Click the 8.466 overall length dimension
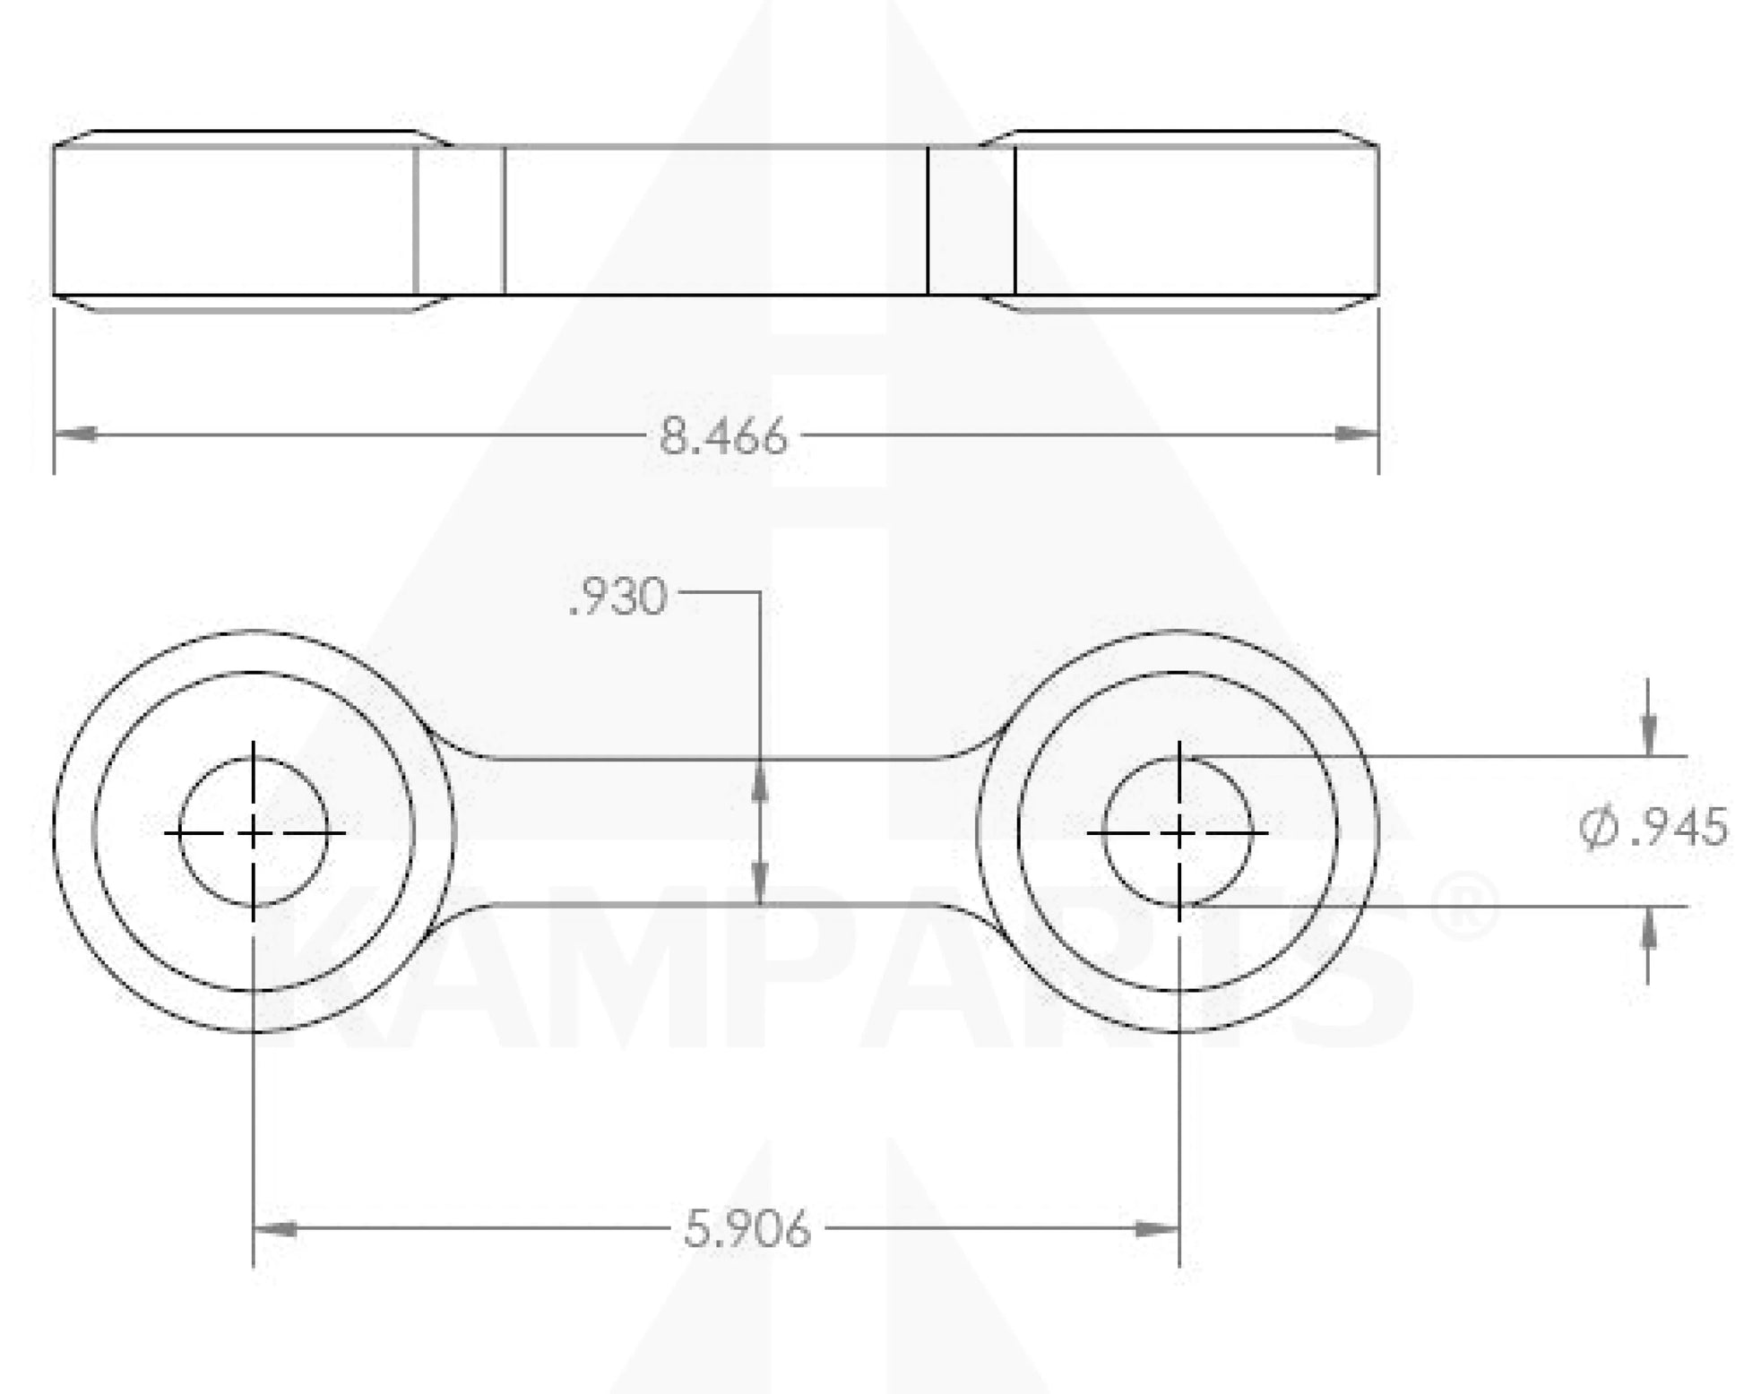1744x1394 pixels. click(x=723, y=437)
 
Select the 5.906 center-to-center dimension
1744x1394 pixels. click(x=747, y=1228)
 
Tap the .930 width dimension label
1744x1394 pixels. click(x=618, y=598)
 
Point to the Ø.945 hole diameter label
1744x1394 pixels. click(x=1653, y=827)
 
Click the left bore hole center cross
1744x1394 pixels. click(x=254, y=833)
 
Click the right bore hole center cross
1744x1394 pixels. click(x=1178, y=833)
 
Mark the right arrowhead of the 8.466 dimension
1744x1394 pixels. click(x=1357, y=435)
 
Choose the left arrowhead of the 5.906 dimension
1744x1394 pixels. click(x=275, y=1228)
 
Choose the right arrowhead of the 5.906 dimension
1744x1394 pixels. click(x=1157, y=1228)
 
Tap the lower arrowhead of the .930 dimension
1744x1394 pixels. click(x=760, y=885)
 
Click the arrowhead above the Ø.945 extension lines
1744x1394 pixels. click(x=1648, y=735)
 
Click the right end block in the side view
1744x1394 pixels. click(x=1196, y=220)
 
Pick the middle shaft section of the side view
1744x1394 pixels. click(x=715, y=220)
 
